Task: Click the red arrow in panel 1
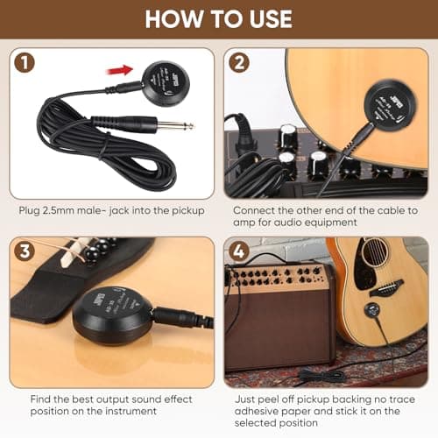(x=122, y=68)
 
